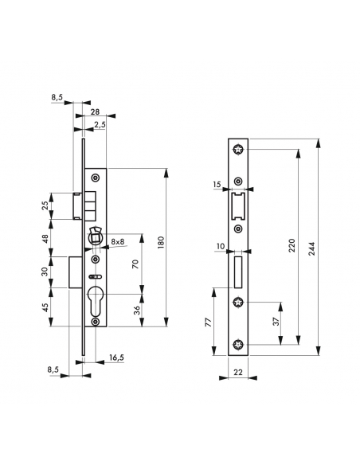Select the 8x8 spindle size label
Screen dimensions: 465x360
(x=117, y=240)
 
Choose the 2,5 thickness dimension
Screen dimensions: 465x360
(x=100, y=125)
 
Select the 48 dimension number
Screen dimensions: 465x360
(x=45, y=238)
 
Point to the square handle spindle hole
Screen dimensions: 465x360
(x=96, y=236)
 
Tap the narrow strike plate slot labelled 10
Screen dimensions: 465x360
(x=237, y=269)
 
